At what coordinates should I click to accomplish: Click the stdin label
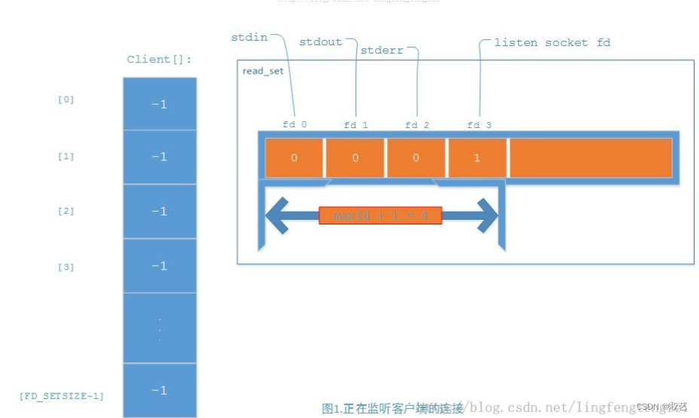point(249,37)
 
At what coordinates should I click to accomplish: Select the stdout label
point(321,42)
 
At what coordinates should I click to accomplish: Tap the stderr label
point(381,50)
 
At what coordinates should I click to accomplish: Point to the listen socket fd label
point(552,43)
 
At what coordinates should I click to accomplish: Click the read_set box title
point(263,71)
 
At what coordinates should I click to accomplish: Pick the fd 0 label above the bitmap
point(295,124)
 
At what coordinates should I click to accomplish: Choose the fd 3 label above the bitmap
point(479,124)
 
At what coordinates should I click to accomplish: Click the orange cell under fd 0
point(294,158)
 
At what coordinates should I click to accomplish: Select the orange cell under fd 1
point(355,158)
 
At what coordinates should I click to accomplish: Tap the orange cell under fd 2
point(416,158)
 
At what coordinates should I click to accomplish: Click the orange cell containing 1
point(477,158)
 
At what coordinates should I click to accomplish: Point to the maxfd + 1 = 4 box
point(380,216)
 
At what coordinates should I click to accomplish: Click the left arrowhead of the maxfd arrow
point(276,216)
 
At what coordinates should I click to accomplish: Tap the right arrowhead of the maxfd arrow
point(487,216)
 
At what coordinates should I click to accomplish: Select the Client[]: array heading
point(159,59)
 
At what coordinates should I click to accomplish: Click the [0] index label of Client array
point(66,99)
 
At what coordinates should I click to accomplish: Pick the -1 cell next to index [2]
point(159,212)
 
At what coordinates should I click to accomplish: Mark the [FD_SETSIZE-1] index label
point(62,395)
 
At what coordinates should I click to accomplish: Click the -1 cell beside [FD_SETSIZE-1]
point(159,390)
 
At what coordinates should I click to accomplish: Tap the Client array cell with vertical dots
point(159,328)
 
